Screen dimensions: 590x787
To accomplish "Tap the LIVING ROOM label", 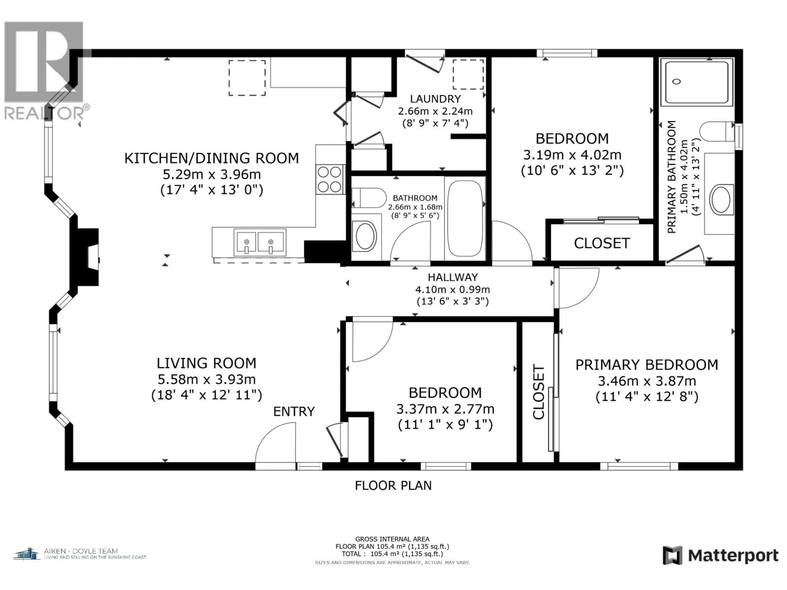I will [206, 363].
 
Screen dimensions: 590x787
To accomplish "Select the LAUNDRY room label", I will [435, 99].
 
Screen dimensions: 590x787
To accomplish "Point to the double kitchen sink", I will [260, 242].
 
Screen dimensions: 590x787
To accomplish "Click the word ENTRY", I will [294, 412].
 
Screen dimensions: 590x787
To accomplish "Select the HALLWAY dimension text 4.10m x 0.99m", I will [453, 289].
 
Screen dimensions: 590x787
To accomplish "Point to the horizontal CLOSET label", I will [602, 243].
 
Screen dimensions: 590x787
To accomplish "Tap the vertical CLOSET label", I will [538, 391].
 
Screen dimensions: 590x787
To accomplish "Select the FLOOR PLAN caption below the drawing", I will [393, 486].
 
